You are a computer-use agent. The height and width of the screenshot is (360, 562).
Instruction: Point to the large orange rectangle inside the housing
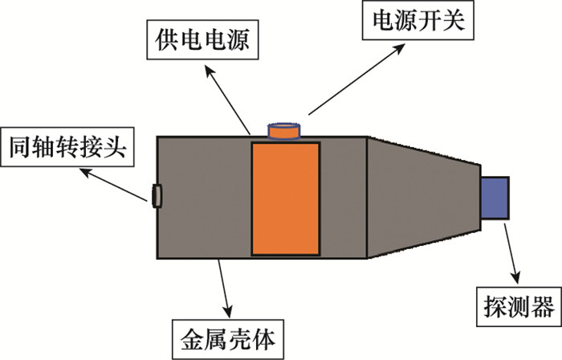point(286,198)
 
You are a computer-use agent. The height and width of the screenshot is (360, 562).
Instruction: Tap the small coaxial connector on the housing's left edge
point(156,194)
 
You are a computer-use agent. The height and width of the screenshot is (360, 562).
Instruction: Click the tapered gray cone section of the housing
point(421,197)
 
